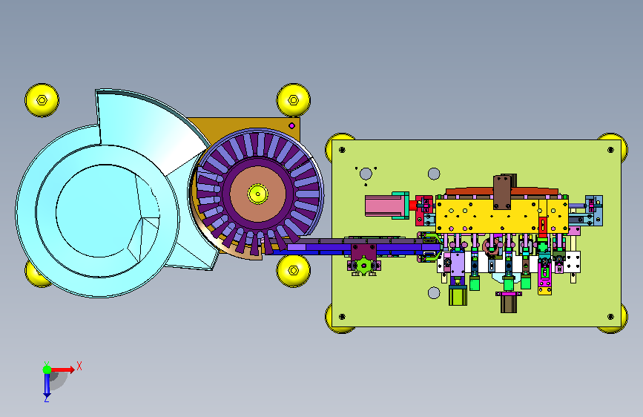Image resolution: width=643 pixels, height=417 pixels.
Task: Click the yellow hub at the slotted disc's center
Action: point(257,194)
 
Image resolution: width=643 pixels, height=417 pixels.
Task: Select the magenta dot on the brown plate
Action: point(292,125)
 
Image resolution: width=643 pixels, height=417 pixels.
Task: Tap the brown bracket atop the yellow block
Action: point(503,192)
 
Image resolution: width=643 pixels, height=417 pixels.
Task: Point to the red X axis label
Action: point(79,366)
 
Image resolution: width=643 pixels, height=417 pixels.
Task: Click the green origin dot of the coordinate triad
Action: point(47,370)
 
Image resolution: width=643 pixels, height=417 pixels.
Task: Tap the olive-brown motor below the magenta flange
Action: point(509,304)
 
